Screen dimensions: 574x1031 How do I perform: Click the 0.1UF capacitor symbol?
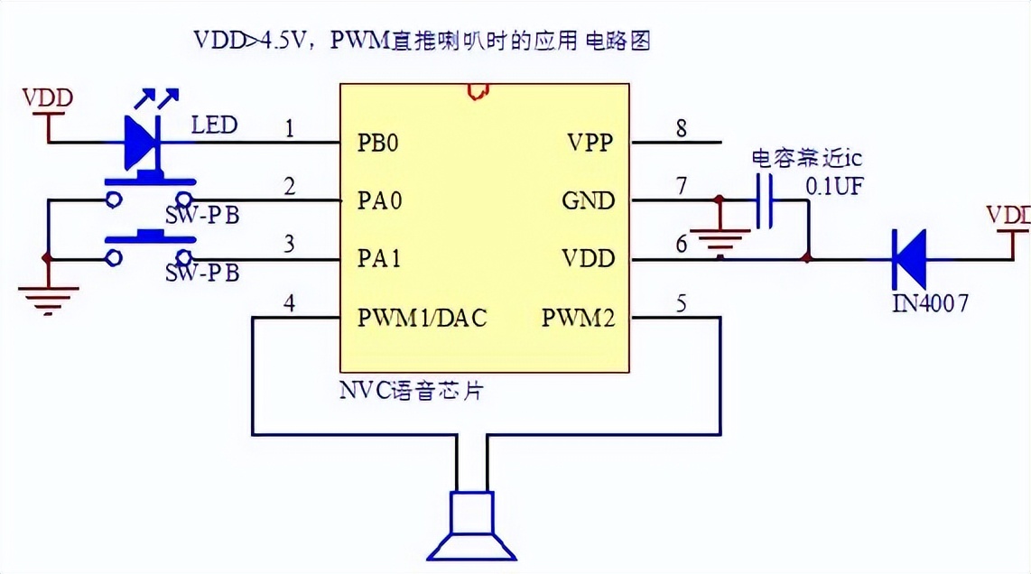click(x=764, y=200)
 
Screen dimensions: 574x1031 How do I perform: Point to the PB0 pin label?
click(x=377, y=143)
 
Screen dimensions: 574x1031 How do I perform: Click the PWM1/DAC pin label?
click(x=422, y=319)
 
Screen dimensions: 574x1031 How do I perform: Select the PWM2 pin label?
click(x=579, y=319)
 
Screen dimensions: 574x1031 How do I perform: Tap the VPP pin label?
click(x=590, y=143)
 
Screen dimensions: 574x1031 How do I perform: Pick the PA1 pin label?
click(x=377, y=260)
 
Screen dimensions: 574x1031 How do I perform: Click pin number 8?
click(x=681, y=129)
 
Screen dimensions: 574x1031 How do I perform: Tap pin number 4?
click(x=289, y=304)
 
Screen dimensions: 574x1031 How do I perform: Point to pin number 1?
click(x=289, y=129)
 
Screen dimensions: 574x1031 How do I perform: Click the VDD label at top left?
click(x=47, y=97)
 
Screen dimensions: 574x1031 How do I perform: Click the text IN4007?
click(x=930, y=303)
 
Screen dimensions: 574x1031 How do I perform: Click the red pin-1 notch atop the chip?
click(x=476, y=90)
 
